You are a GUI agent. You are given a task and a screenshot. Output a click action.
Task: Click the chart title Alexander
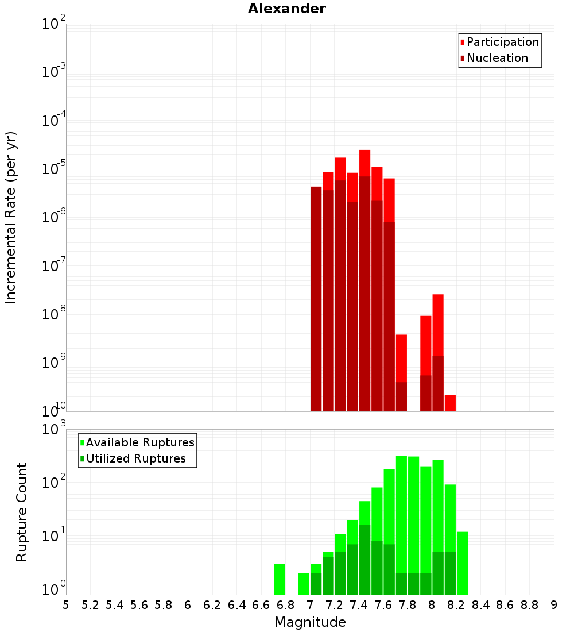[286, 9]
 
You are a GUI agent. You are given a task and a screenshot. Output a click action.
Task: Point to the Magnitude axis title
[310, 622]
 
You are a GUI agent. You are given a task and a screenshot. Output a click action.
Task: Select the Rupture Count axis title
[21, 512]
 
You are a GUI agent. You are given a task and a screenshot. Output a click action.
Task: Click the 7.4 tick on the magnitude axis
[359, 605]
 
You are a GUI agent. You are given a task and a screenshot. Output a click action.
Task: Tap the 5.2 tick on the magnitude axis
[90, 605]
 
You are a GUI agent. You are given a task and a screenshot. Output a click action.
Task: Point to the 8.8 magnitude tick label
[529, 605]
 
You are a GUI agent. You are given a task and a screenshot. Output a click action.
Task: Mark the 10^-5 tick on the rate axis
[54, 168]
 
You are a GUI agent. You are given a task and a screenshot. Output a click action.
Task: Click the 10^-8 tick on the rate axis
[54, 314]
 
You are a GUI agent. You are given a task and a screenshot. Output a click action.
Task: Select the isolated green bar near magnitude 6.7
[280, 579]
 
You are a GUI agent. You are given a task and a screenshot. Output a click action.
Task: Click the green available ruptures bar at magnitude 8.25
[463, 563]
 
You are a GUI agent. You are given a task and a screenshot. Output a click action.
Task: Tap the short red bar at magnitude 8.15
[450, 403]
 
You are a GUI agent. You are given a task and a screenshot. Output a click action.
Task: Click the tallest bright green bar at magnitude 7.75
[401, 517]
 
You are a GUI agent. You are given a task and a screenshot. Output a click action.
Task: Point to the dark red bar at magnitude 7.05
[316, 299]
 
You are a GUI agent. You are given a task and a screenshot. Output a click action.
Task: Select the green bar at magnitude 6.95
[304, 584]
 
